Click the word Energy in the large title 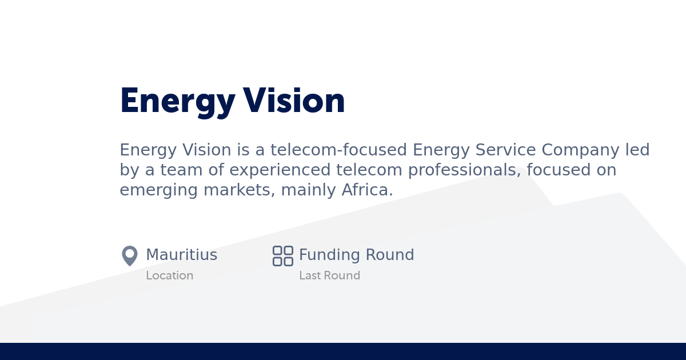coord(177,102)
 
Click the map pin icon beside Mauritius coord(130,255)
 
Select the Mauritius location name coord(181,255)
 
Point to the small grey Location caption coord(169,275)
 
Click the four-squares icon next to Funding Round coord(282,255)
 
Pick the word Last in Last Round coord(309,275)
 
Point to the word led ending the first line coord(637,150)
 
